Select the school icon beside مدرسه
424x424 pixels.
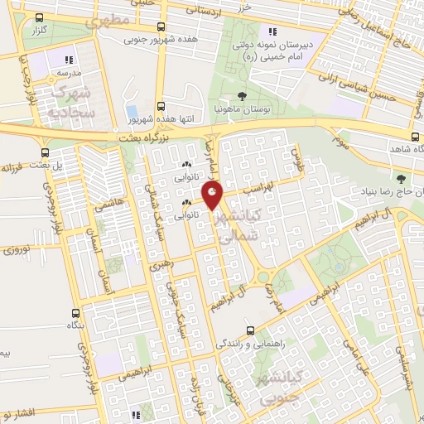coord(69,60)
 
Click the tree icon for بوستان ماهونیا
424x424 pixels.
coord(242,96)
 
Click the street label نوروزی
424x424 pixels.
coord(17,248)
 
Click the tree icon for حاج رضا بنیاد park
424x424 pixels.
coord(401,178)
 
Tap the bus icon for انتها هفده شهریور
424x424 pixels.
coord(161,106)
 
